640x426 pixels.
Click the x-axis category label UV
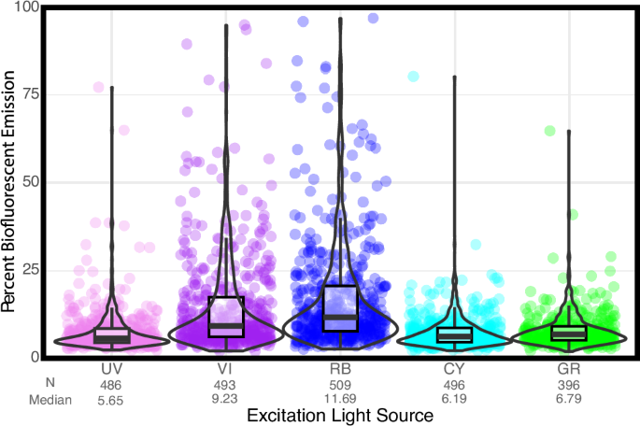(x=112, y=370)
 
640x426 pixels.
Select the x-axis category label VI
(x=226, y=370)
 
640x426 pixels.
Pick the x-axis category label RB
(x=340, y=370)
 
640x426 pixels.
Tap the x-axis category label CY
(x=454, y=370)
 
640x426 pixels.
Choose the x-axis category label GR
(x=568, y=370)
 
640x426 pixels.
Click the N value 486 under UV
(x=112, y=384)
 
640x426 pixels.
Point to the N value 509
(x=340, y=384)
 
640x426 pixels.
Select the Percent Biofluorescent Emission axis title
(x=12, y=182)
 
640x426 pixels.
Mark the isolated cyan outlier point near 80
(x=413, y=76)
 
